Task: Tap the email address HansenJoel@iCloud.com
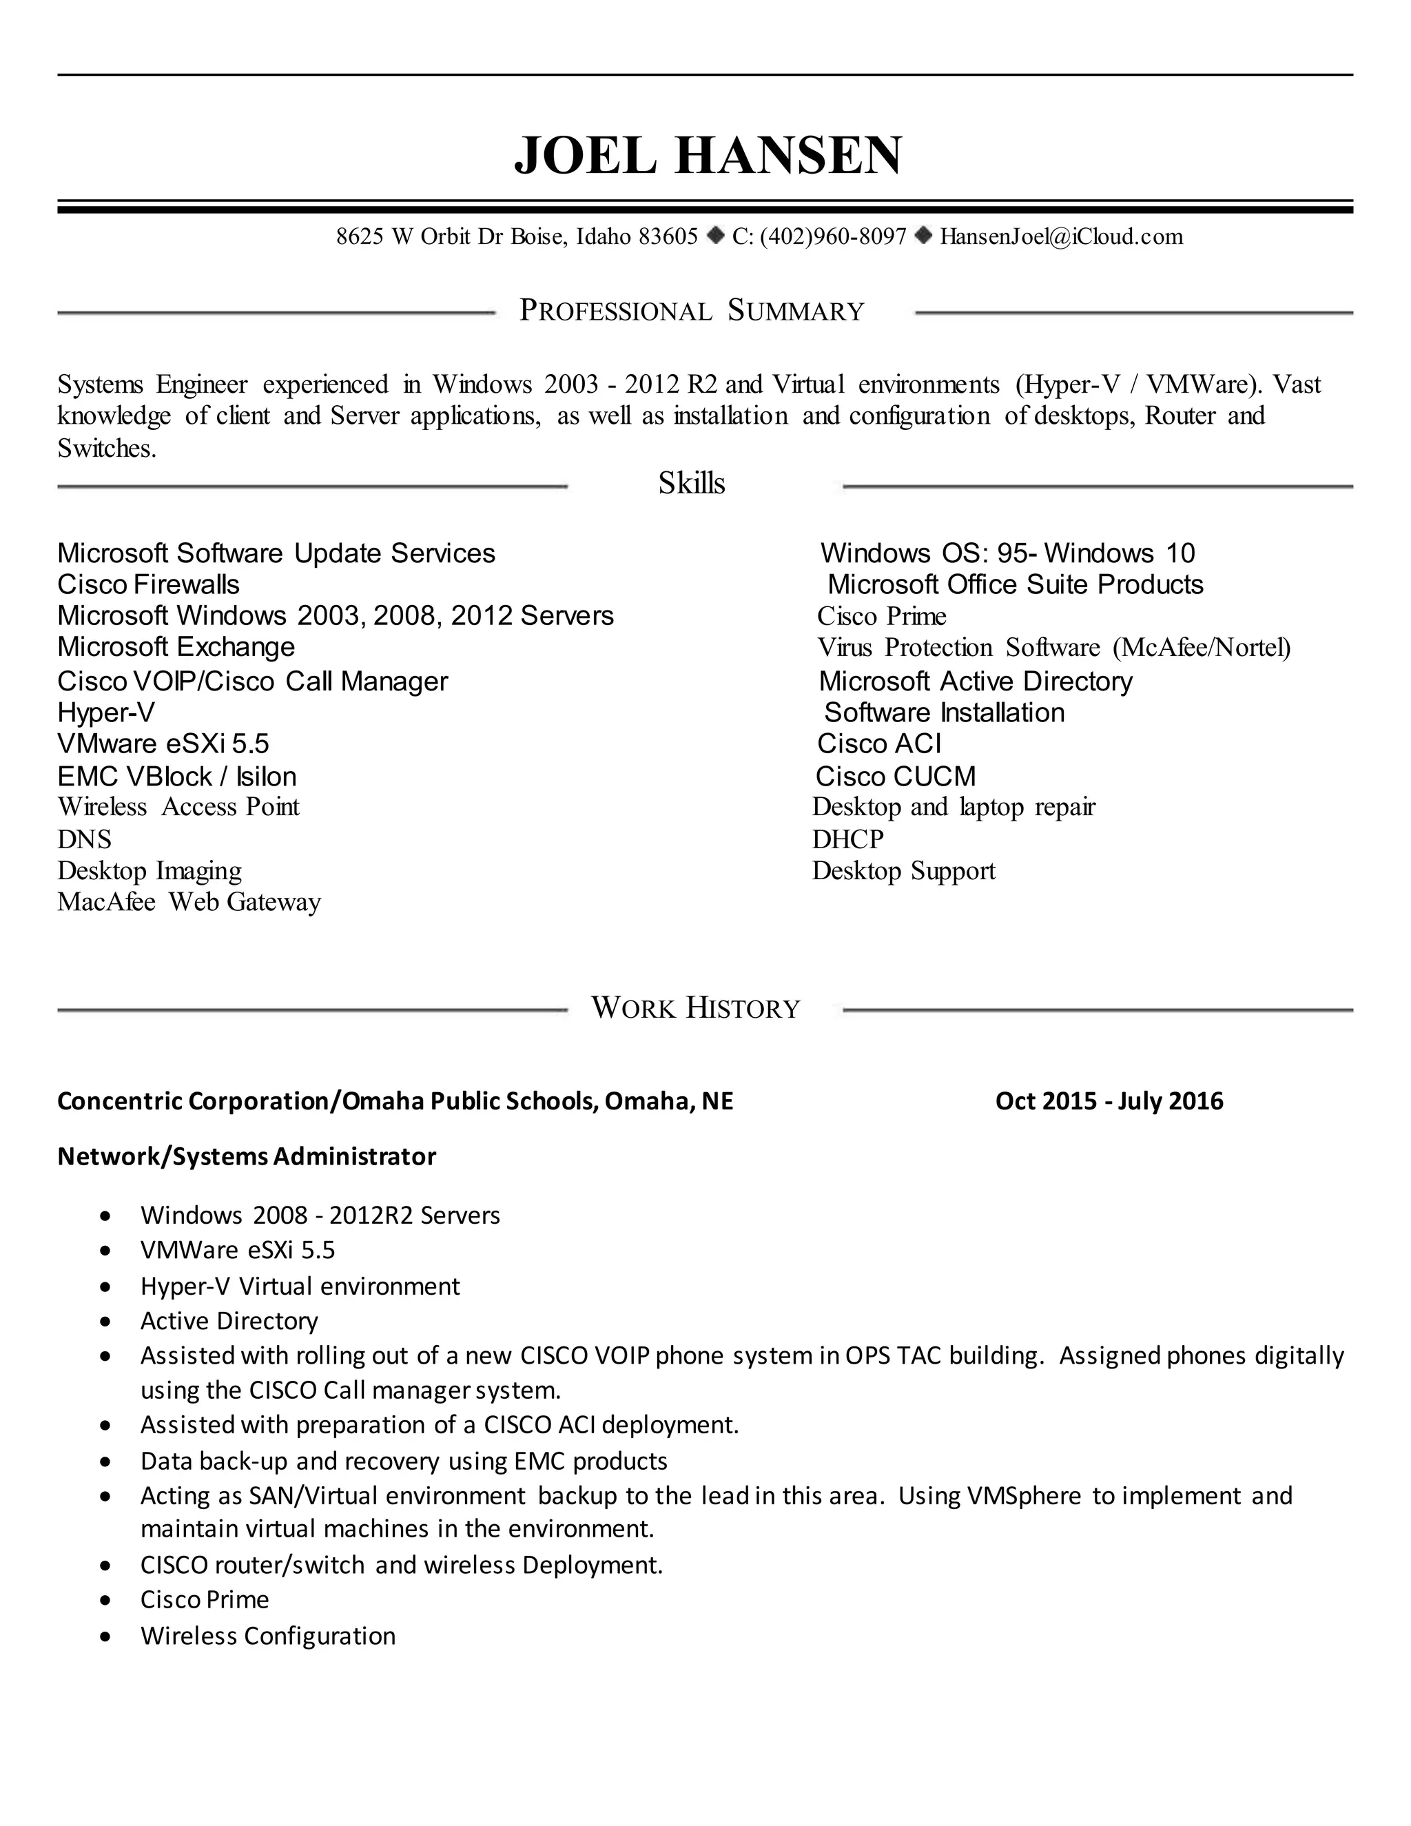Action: tap(1061, 236)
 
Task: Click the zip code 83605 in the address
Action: tap(667, 236)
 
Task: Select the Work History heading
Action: tap(695, 1007)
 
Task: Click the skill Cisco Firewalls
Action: tap(148, 584)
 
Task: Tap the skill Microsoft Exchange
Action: tap(176, 647)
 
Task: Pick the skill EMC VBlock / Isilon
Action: tap(176, 777)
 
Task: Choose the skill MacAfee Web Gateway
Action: tap(189, 902)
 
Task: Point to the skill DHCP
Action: tap(847, 839)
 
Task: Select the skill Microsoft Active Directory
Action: tap(975, 681)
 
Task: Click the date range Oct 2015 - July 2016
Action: tap(1109, 1101)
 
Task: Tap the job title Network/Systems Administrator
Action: tap(246, 1157)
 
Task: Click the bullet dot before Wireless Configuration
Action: tap(105, 1637)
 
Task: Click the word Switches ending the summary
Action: tap(106, 449)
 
